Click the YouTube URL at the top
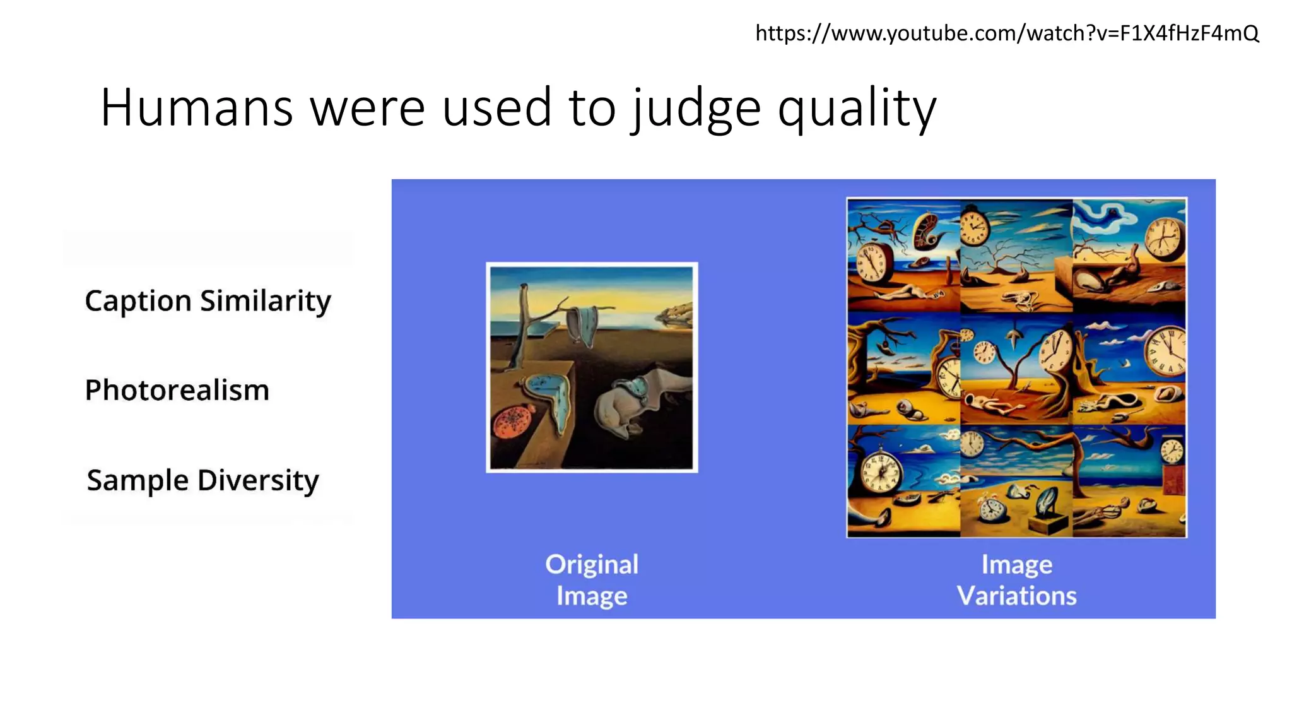click(x=1007, y=33)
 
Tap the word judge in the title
click(x=696, y=108)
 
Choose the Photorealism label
click(x=177, y=390)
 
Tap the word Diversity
click(x=258, y=480)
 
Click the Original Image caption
click(x=592, y=580)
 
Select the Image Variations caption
click(x=1016, y=580)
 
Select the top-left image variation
click(x=903, y=256)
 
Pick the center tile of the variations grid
click(x=1016, y=368)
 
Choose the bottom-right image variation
click(x=1129, y=481)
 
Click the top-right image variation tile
click(x=1129, y=256)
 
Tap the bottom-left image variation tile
click(x=903, y=481)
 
